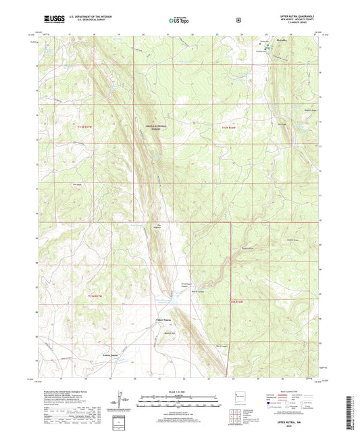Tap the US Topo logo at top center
(179, 21)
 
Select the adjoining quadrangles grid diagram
(236, 413)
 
